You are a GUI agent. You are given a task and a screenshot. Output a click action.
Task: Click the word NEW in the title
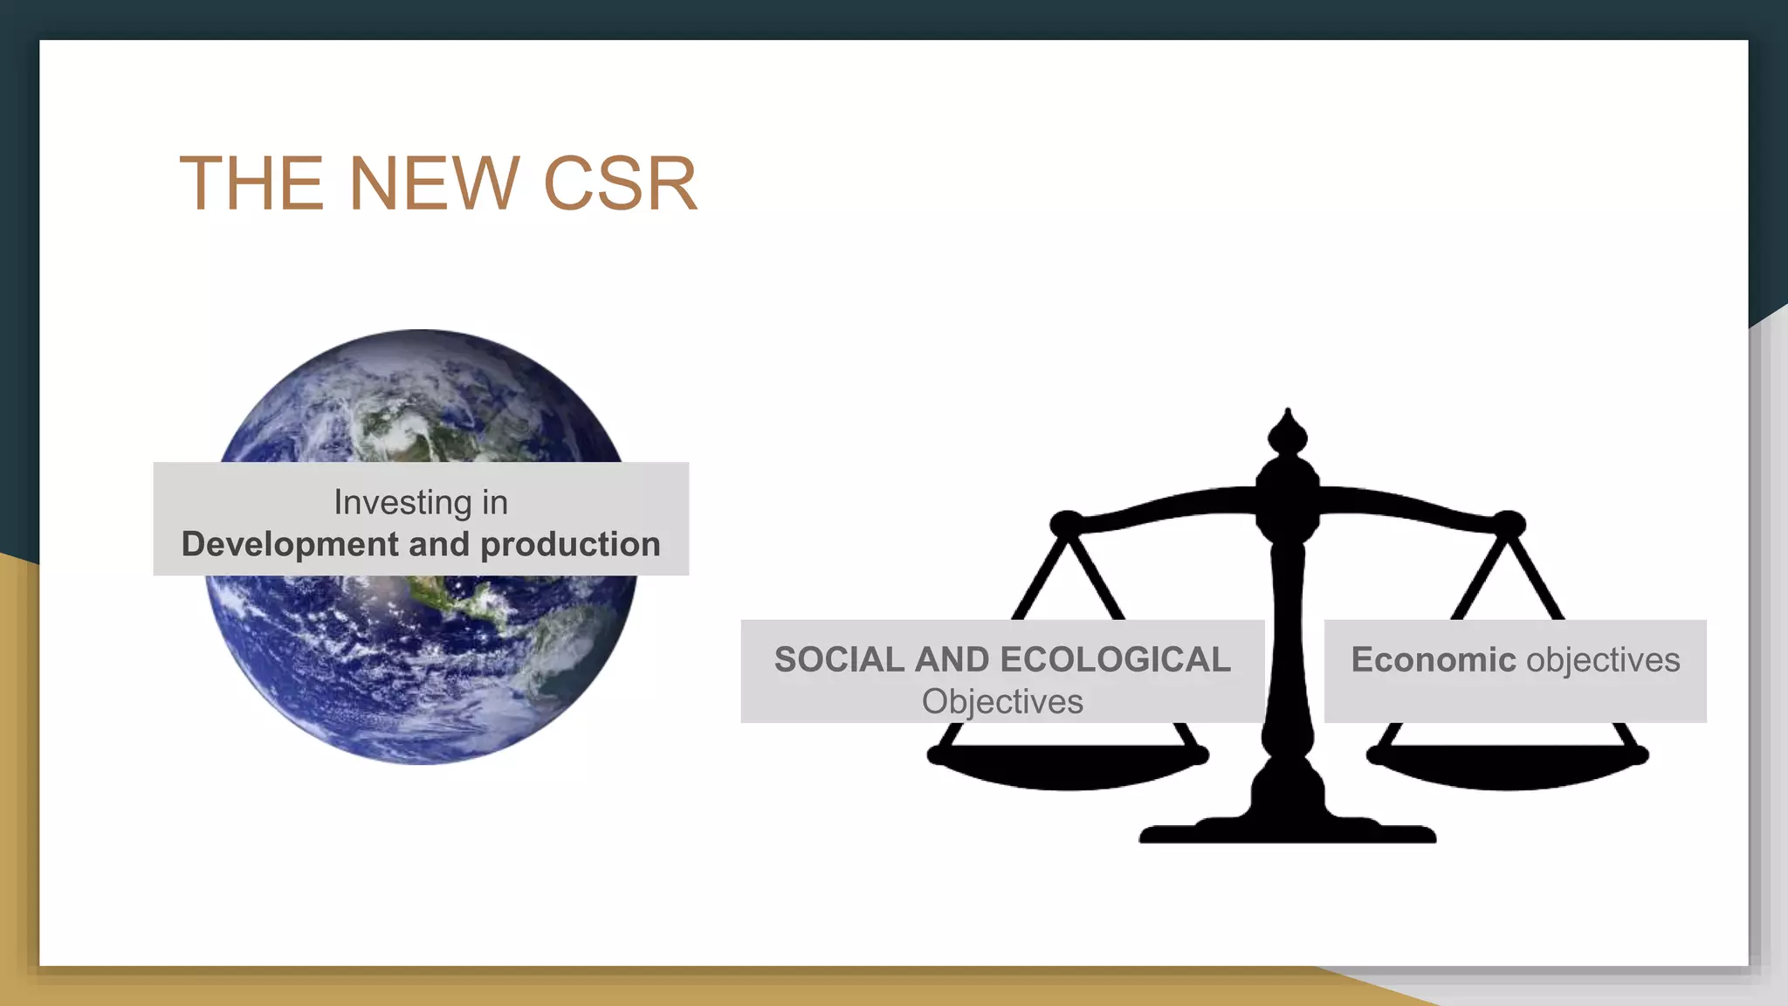coord(434,183)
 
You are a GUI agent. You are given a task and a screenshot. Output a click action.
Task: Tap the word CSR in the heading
coord(620,183)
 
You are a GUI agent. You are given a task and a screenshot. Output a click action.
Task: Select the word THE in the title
coord(251,183)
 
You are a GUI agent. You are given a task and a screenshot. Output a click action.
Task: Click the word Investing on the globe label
coord(402,503)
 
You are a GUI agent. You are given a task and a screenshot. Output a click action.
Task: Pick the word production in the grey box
coord(570,544)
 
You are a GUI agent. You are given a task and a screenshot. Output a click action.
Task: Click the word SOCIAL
coord(839,659)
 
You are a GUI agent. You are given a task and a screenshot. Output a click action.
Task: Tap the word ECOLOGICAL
coord(1117,659)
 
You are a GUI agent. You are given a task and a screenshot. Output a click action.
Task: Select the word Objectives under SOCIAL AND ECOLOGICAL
coord(1002,701)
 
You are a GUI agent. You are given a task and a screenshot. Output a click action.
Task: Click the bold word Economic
coord(1433,659)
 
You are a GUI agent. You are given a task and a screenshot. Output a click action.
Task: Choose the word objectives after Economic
coord(1603,659)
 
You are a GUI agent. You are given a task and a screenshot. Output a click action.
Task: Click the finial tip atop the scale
coord(1288,415)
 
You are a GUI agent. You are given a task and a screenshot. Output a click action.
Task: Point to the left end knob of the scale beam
coord(1065,523)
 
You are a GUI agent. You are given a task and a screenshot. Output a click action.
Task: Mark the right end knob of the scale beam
coord(1509,523)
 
